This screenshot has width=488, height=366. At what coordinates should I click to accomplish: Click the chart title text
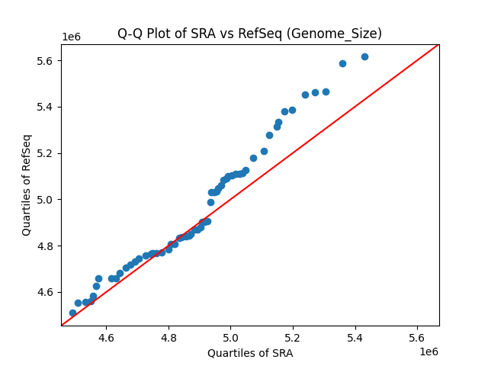[x=249, y=34]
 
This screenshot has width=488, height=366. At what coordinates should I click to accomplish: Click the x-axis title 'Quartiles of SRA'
[x=250, y=353]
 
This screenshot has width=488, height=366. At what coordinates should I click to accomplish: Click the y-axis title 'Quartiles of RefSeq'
[x=27, y=185]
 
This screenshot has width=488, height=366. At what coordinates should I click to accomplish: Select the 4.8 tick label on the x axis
[x=169, y=338]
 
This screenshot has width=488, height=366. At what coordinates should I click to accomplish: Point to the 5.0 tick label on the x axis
[x=230, y=338]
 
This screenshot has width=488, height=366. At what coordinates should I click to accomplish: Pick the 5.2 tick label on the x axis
[x=293, y=338]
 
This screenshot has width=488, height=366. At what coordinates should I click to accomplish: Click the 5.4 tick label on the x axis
[x=355, y=338]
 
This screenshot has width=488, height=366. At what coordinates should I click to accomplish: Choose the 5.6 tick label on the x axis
[x=417, y=338]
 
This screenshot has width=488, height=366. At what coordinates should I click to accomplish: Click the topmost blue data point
[x=364, y=56]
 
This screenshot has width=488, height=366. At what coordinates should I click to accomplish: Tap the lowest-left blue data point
[x=72, y=313]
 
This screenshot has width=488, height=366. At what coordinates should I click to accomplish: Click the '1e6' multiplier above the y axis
[x=71, y=37]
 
